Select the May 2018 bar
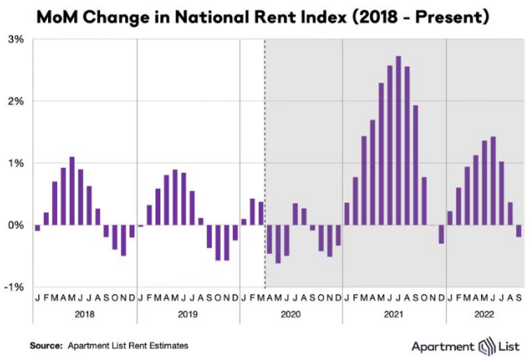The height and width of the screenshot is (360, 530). click(72, 191)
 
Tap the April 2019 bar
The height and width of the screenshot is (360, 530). click(166, 200)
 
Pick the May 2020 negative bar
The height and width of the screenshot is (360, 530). click(278, 244)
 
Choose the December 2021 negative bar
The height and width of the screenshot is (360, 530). click(441, 234)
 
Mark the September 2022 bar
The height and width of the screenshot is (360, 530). click(519, 230)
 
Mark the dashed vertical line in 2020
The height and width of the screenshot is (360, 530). click(265, 122)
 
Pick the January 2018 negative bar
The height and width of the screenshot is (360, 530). click(37, 228)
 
